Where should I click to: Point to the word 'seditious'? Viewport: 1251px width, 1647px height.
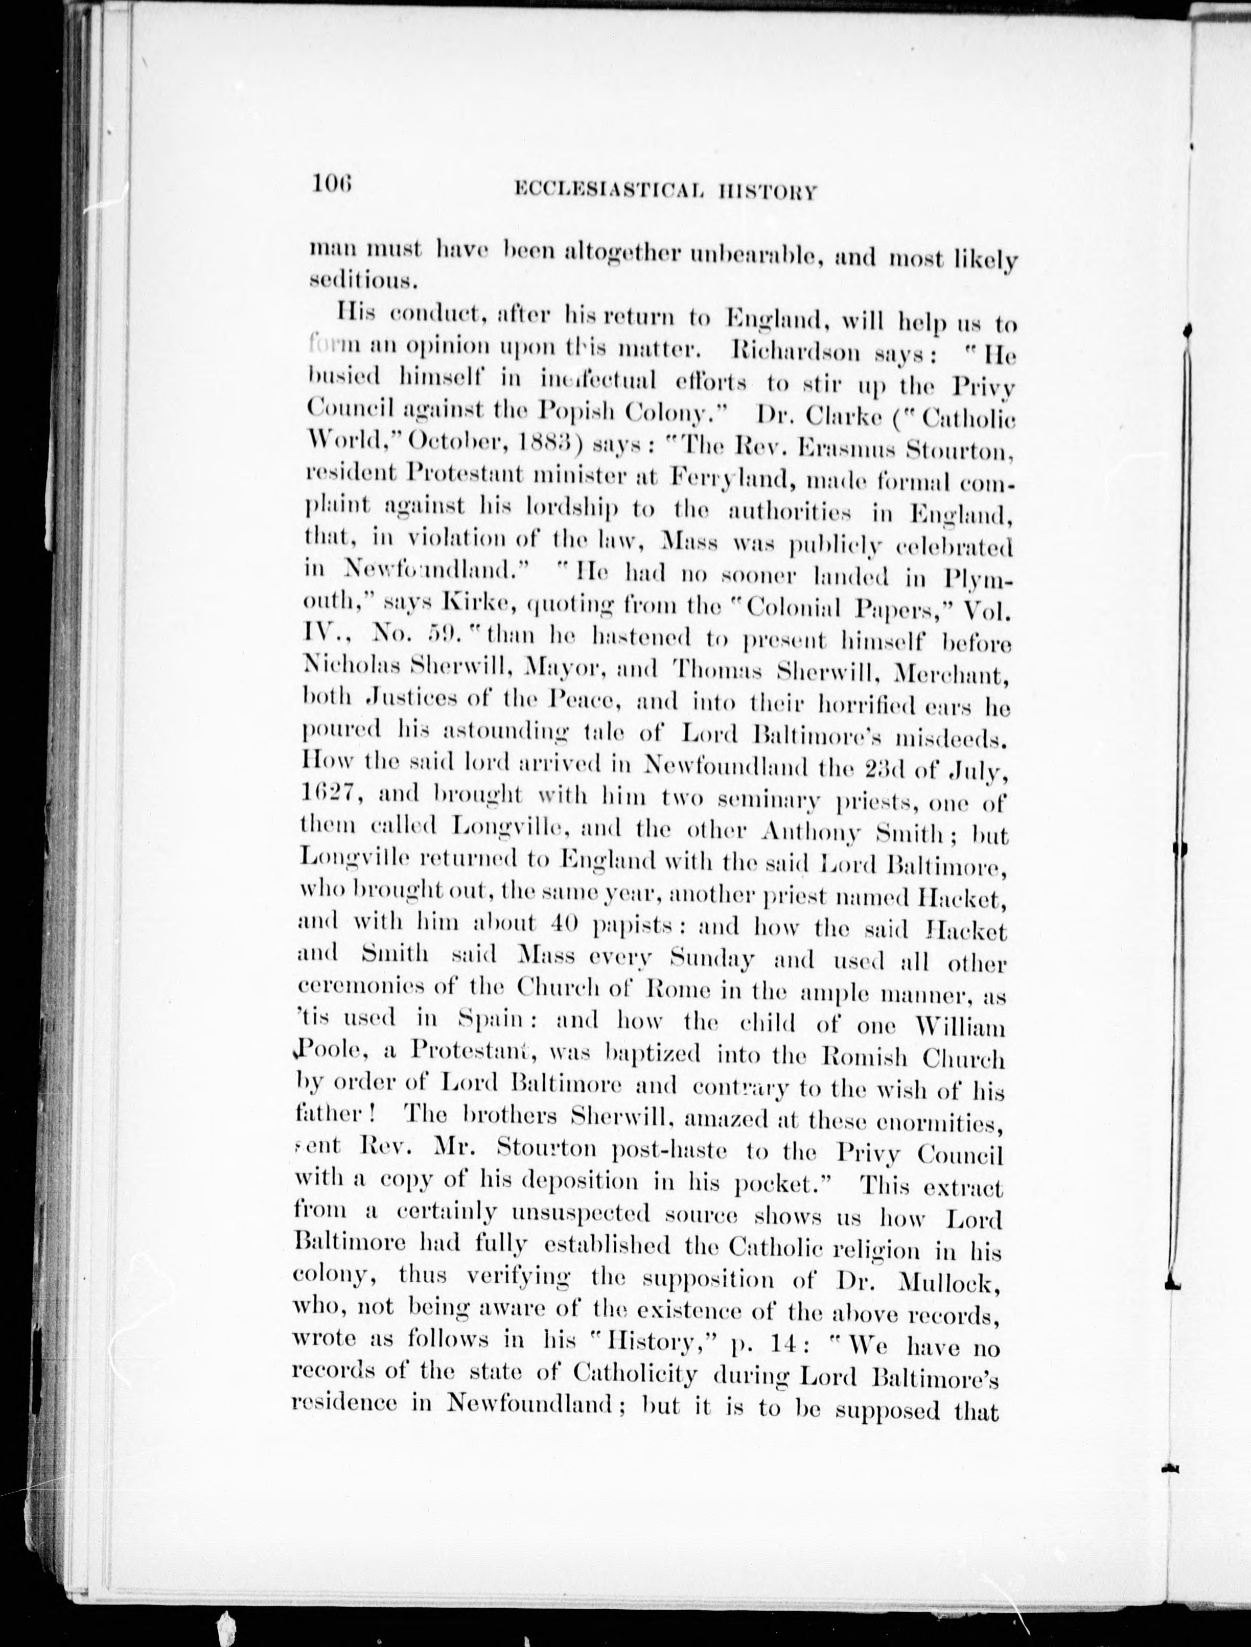coord(357,282)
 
